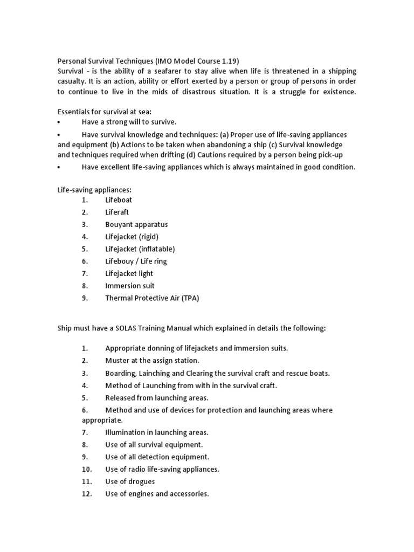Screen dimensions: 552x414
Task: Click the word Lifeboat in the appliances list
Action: (119, 199)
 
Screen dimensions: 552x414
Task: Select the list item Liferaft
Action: (117, 212)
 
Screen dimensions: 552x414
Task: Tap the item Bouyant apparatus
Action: (136, 224)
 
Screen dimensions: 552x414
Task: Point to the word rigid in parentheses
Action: (148, 237)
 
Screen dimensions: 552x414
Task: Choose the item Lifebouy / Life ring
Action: (136, 261)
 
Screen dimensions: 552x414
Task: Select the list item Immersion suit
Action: (130, 286)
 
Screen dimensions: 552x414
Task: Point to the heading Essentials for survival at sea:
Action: (105, 112)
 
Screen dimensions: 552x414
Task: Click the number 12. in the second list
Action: (87, 494)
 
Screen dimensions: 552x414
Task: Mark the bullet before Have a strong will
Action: (59, 122)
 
